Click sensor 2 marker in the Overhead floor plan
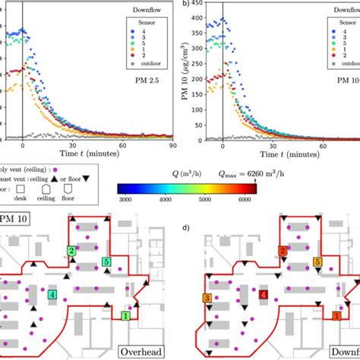coord(71,250)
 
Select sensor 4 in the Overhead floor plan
coord(52,294)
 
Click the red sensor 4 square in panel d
coord(264,294)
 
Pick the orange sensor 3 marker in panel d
coord(207,299)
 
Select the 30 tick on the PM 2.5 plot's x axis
coord(73,146)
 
